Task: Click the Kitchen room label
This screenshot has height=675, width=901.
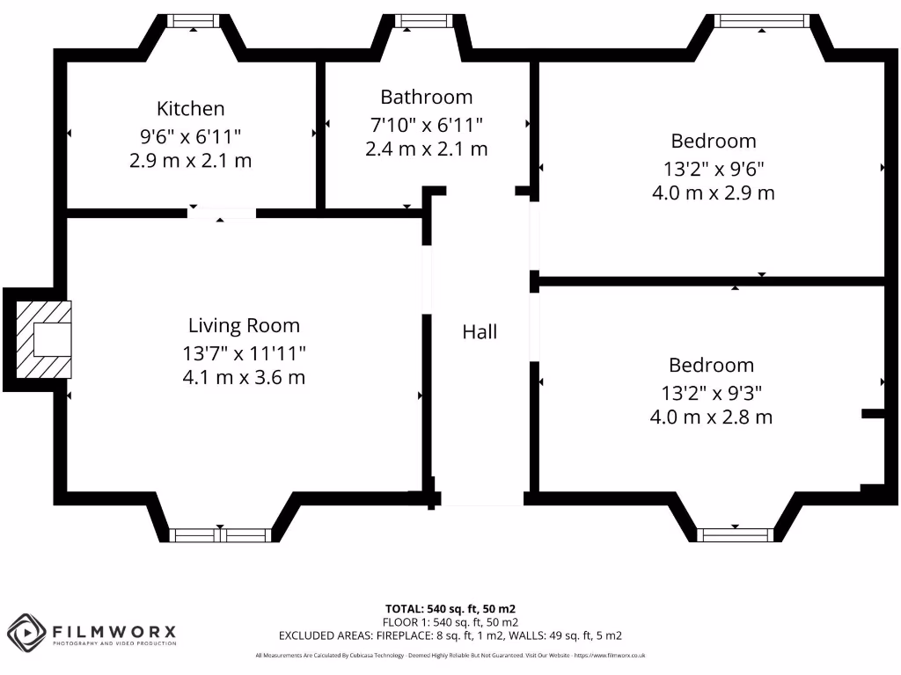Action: [x=191, y=109]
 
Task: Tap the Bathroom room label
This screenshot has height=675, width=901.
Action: [x=426, y=97]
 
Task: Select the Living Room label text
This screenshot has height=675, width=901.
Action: [x=244, y=326]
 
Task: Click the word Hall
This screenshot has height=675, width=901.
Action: [x=480, y=332]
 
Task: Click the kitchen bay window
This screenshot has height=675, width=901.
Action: [x=193, y=20]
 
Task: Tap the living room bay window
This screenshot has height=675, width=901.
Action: [x=219, y=534]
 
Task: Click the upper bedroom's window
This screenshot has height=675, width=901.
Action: [x=759, y=20]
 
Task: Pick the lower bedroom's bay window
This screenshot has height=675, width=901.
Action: [x=736, y=534]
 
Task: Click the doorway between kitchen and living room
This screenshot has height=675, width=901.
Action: [x=222, y=213]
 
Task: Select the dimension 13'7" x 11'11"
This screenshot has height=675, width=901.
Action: [x=244, y=353]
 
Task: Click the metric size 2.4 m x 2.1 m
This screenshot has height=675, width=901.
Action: [x=426, y=149]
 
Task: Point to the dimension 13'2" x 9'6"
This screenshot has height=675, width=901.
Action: [x=713, y=168]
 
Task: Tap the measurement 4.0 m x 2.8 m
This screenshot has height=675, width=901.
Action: [x=711, y=417]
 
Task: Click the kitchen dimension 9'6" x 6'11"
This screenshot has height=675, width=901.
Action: [x=191, y=135]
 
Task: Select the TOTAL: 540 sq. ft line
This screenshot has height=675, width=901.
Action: [x=450, y=608]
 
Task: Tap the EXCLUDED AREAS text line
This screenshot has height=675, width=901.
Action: [x=450, y=635]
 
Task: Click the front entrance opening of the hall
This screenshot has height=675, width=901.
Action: [x=481, y=504]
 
